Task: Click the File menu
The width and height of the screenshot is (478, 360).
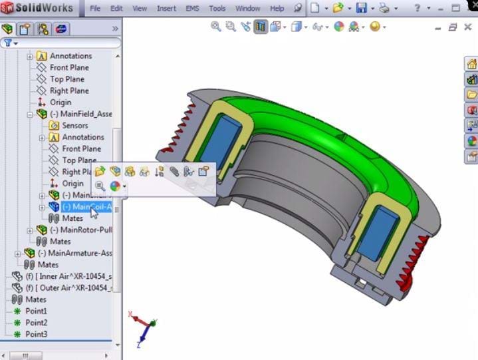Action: pos(95,9)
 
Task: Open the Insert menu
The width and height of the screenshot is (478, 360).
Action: pos(166,9)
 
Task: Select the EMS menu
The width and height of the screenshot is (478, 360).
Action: pos(193,9)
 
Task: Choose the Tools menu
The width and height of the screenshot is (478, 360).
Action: pos(217,9)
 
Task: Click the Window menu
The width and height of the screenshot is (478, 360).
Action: pos(247,9)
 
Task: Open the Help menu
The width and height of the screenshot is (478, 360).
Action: pos(277,9)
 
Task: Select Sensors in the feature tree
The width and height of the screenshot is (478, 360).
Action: pos(74,125)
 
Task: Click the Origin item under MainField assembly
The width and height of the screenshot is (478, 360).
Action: pos(72,184)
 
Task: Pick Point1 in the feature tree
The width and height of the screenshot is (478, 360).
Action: pos(36,311)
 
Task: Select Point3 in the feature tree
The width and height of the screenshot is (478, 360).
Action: pos(36,334)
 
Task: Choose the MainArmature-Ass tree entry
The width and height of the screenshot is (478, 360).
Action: pos(74,253)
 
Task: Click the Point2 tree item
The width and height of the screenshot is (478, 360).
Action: pos(36,323)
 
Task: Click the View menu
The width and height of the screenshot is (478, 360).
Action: pos(140,9)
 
